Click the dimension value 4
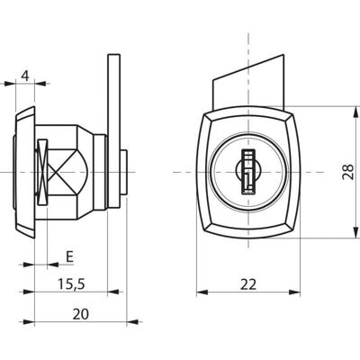pyautogui.click(x=26, y=76)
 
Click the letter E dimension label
pyautogui.click(x=69, y=256)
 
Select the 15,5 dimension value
pyautogui.click(x=72, y=284)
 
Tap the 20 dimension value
pyautogui.click(x=81, y=314)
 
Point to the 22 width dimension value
pyautogui.click(x=248, y=284)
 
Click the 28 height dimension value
pyautogui.click(x=348, y=172)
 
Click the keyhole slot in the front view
pyautogui.click(x=247, y=172)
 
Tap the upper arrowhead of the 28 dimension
pyautogui.click(x=355, y=112)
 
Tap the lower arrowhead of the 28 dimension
pyautogui.click(x=355, y=232)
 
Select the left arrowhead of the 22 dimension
pyautogui.click(x=202, y=292)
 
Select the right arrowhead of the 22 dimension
pyautogui.click(x=294, y=292)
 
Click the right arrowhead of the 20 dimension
pyautogui.click(x=132, y=322)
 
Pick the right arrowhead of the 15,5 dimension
pyautogui.click(x=113, y=292)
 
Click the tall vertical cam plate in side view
pyautogui.click(x=114, y=131)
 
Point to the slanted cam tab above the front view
pyautogui.click(x=248, y=81)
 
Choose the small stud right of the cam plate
pyautogui.click(x=124, y=172)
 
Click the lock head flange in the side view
pyautogui.click(x=25, y=172)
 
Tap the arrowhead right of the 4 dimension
pyautogui.click(x=40, y=84)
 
